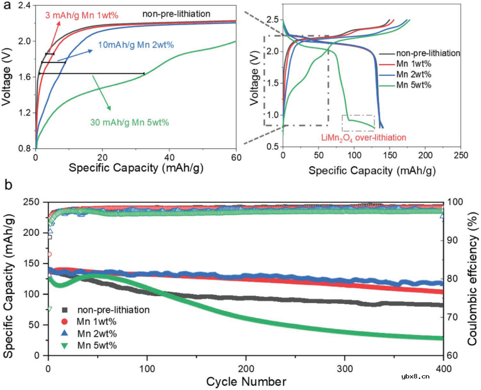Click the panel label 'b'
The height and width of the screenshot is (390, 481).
(6, 183)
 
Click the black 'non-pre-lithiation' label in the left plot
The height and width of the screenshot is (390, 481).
(176, 14)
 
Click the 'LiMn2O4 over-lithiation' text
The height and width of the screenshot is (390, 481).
(363, 138)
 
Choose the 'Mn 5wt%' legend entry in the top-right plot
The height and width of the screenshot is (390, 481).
(414, 85)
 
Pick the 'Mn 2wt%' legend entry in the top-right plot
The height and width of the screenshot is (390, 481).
(414, 74)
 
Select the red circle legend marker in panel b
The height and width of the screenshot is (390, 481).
(65, 322)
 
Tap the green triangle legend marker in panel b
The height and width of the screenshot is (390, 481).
(65, 345)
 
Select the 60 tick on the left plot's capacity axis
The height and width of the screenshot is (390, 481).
(236, 157)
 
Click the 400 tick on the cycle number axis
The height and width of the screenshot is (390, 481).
(443, 368)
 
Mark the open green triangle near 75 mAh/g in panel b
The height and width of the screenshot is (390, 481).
(50, 309)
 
